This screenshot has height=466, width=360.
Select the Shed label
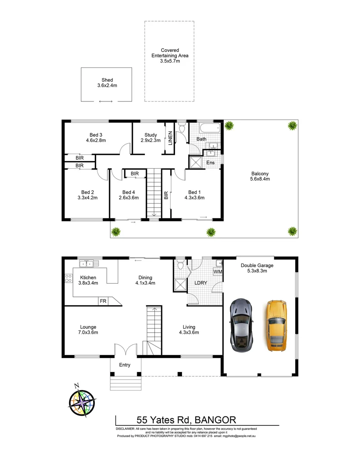pyautogui.click(x=107, y=80)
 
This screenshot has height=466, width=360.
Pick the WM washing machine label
pyautogui.click(x=218, y=271)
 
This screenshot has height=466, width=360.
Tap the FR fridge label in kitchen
pyautogui.click(x=103, y=301)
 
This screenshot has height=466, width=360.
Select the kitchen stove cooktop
pyautogui.click(x=68, y=278)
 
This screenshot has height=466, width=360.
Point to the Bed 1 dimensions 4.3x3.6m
pyautogui.click(x=194, y=198)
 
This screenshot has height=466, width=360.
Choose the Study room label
pyautogui.click(x=151, y=135)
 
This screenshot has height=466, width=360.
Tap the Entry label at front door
pyautogui.click(x=125, y=365)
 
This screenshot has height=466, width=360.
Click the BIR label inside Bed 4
pyautogui.click(x=135, y=173)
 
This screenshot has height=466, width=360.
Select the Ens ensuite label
pyautogui.click(x=210, y=163)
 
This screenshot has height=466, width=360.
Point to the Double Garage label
pyautogui.click(x=257, y=265)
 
